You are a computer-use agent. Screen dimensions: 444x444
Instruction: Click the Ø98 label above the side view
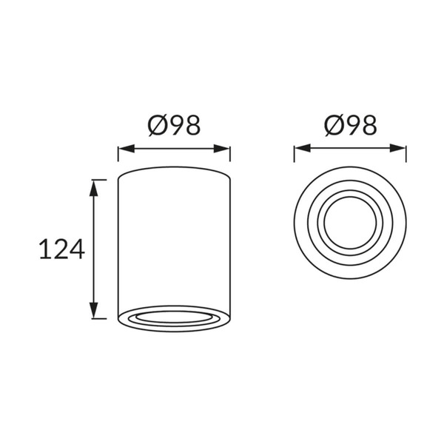coord(174,126)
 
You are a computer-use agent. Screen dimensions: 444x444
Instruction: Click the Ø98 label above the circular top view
coord(350,126)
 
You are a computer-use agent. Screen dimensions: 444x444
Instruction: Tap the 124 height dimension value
coord(61,250)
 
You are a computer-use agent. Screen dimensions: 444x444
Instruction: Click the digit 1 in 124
coord(45,250)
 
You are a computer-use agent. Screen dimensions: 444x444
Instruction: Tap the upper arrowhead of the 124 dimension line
coord(94,187)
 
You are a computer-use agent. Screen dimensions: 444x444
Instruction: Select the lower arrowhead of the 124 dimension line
coord(94,311)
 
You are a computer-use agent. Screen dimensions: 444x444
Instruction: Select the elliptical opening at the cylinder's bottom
coord(174,317)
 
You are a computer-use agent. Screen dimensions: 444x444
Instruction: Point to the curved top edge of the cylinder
coord(174,169)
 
